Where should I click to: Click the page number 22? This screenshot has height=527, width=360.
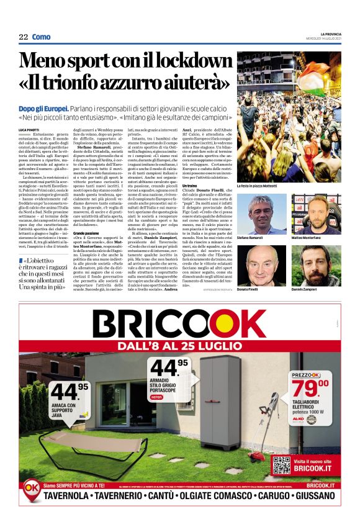pyautogui.click(x=23, y=37)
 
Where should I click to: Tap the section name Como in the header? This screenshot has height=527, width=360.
pyautogui.click(x=41, y=37)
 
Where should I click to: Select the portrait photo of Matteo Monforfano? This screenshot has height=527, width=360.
pyautogui.click(x=317, y=212)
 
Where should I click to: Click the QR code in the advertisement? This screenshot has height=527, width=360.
pyautogui.click(x=281, y=464)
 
